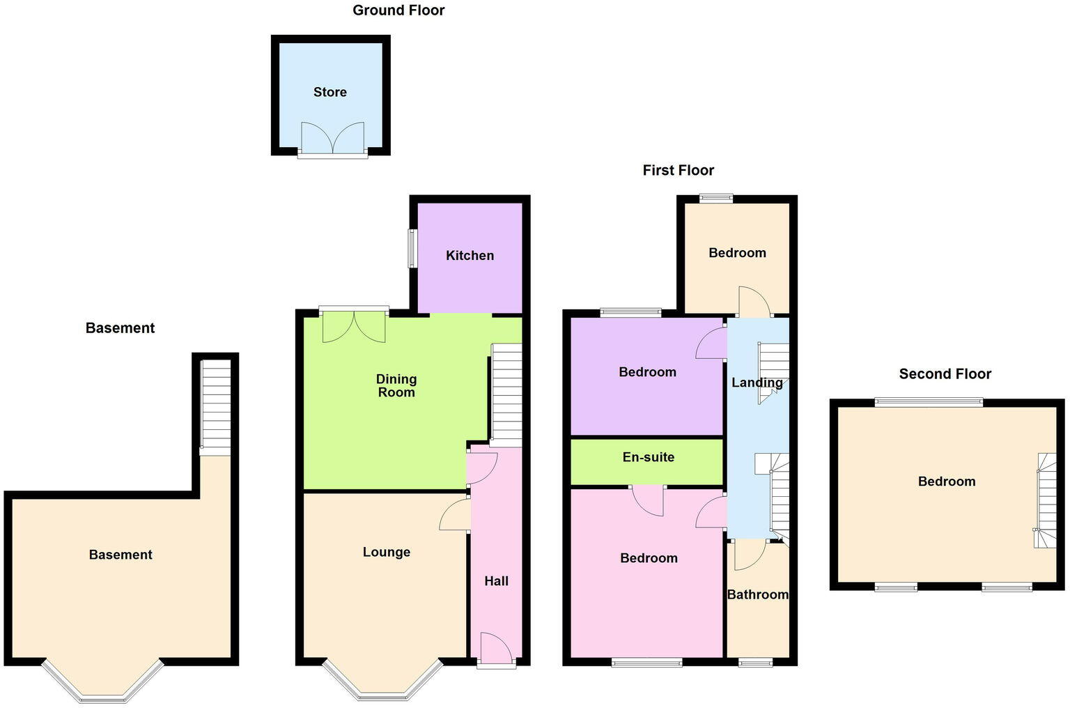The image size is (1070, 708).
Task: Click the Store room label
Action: [x=329, y=92]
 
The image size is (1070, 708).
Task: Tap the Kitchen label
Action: [x=470, y=256]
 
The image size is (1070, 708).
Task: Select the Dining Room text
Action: [x=396, y=385]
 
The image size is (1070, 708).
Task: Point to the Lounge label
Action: [x=386, y=552]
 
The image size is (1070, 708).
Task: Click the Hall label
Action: [x=496, y=580]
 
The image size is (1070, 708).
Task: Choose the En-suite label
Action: [x=648, y=457]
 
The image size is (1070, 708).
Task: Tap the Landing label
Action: [x=757, y=383]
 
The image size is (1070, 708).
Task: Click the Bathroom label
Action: [x=757, y=594]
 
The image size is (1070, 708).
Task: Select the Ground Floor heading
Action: [x=398, y=10]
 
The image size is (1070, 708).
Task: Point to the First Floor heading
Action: [x=678, y=170]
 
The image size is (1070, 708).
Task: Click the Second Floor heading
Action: [x=945, y=374]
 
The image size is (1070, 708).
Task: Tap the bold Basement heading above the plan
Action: [x=120, y=328]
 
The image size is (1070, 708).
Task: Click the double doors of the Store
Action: [x=333, y=138]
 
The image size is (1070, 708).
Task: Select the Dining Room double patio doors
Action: [x=354, y=326]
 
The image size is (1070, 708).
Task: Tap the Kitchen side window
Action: [x=412, y=248]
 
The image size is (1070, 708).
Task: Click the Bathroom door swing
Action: [x=749, y=554]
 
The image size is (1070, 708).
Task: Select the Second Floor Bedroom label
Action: [x=946, y=482]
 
